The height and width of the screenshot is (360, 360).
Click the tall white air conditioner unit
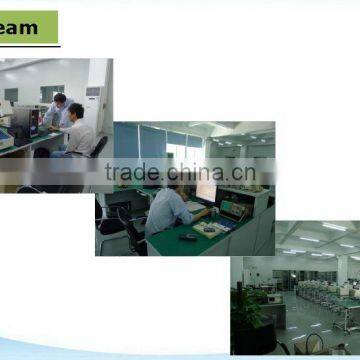coord(96,100)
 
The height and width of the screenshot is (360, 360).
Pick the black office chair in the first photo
coord(98,147)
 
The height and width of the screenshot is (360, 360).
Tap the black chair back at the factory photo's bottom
coord(313,345)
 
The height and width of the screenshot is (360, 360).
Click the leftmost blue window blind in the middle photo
coord(125,145)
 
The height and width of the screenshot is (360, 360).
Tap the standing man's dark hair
coord(59,98)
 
